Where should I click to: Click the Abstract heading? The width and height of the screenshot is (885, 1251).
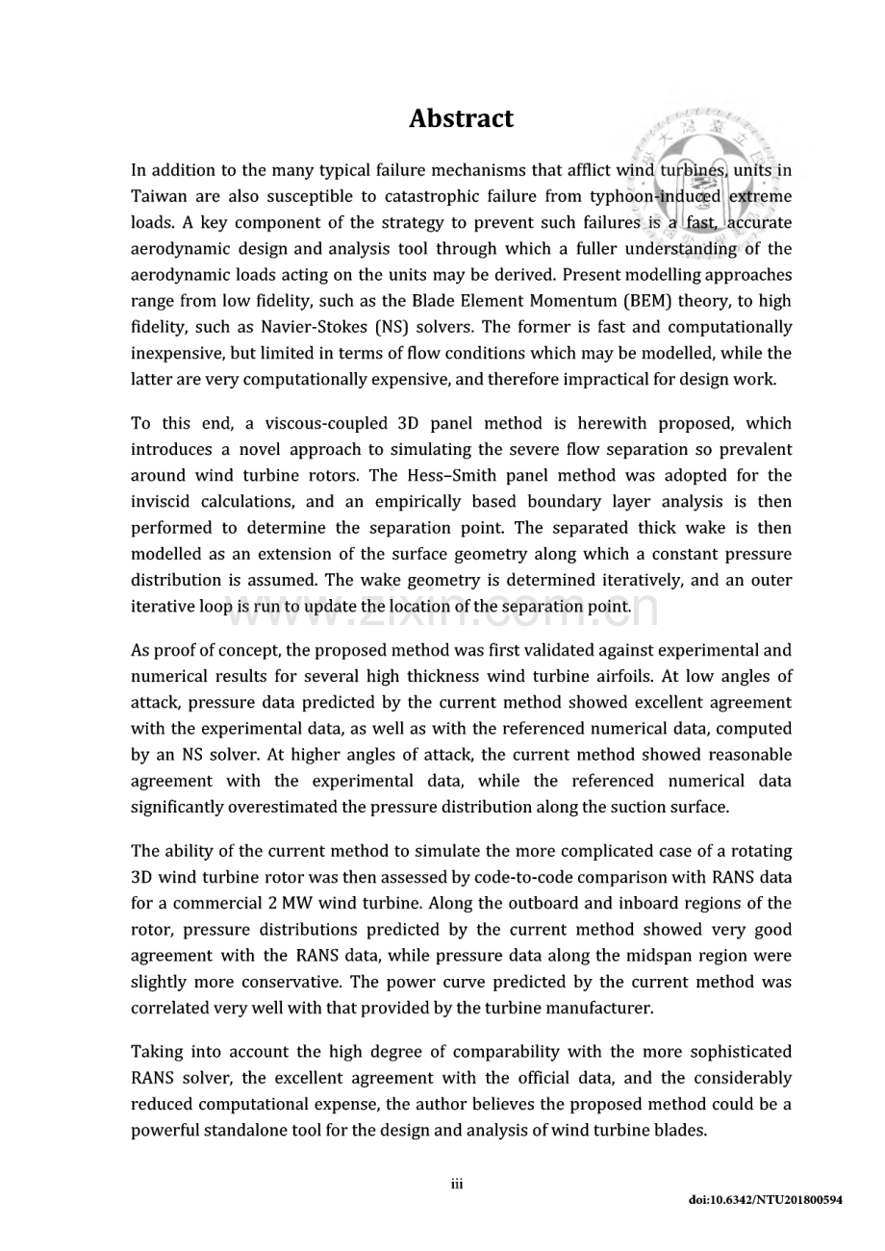tap(461, 119)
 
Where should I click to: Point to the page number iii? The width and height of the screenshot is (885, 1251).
tap(457, 1184)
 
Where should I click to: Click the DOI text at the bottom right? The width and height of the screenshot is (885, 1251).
tap(766, 1201)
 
